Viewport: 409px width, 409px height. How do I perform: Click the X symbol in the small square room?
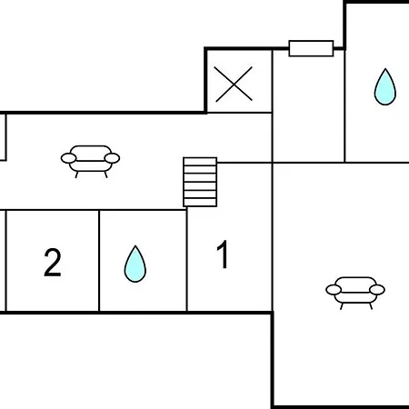coord(234,84)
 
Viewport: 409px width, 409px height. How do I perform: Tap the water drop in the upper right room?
coord(385,87)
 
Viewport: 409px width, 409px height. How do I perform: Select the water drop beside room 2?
coord(135,264)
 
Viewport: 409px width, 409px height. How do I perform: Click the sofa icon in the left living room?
coord(90,161)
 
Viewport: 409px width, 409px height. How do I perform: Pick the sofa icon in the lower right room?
coord(355,293)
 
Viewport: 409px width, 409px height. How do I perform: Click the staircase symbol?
coord(200,182)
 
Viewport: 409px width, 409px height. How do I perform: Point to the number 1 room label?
coord(223,254)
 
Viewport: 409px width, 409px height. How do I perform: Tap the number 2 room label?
coord(53,263)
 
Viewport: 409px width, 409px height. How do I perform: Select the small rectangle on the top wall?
coord(311,48)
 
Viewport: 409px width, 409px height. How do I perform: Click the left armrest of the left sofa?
coord(68,158)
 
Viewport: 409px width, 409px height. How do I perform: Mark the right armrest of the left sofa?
coord(112,158)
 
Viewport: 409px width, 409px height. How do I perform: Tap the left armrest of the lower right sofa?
coord(334,290)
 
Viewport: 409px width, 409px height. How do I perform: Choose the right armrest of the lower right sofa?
coord(377,290)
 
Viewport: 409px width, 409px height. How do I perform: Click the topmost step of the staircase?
coord(200,162)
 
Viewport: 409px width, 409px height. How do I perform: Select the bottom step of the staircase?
coord(200,203)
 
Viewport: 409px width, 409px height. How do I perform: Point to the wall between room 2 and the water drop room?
coord(99,261)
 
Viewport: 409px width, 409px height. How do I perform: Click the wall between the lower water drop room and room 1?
coord(187,259)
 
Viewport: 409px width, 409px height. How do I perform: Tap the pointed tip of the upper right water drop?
coord(385,69)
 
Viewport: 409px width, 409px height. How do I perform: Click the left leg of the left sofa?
coord(76,175)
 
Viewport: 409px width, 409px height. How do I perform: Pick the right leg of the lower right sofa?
coord(370,306)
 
